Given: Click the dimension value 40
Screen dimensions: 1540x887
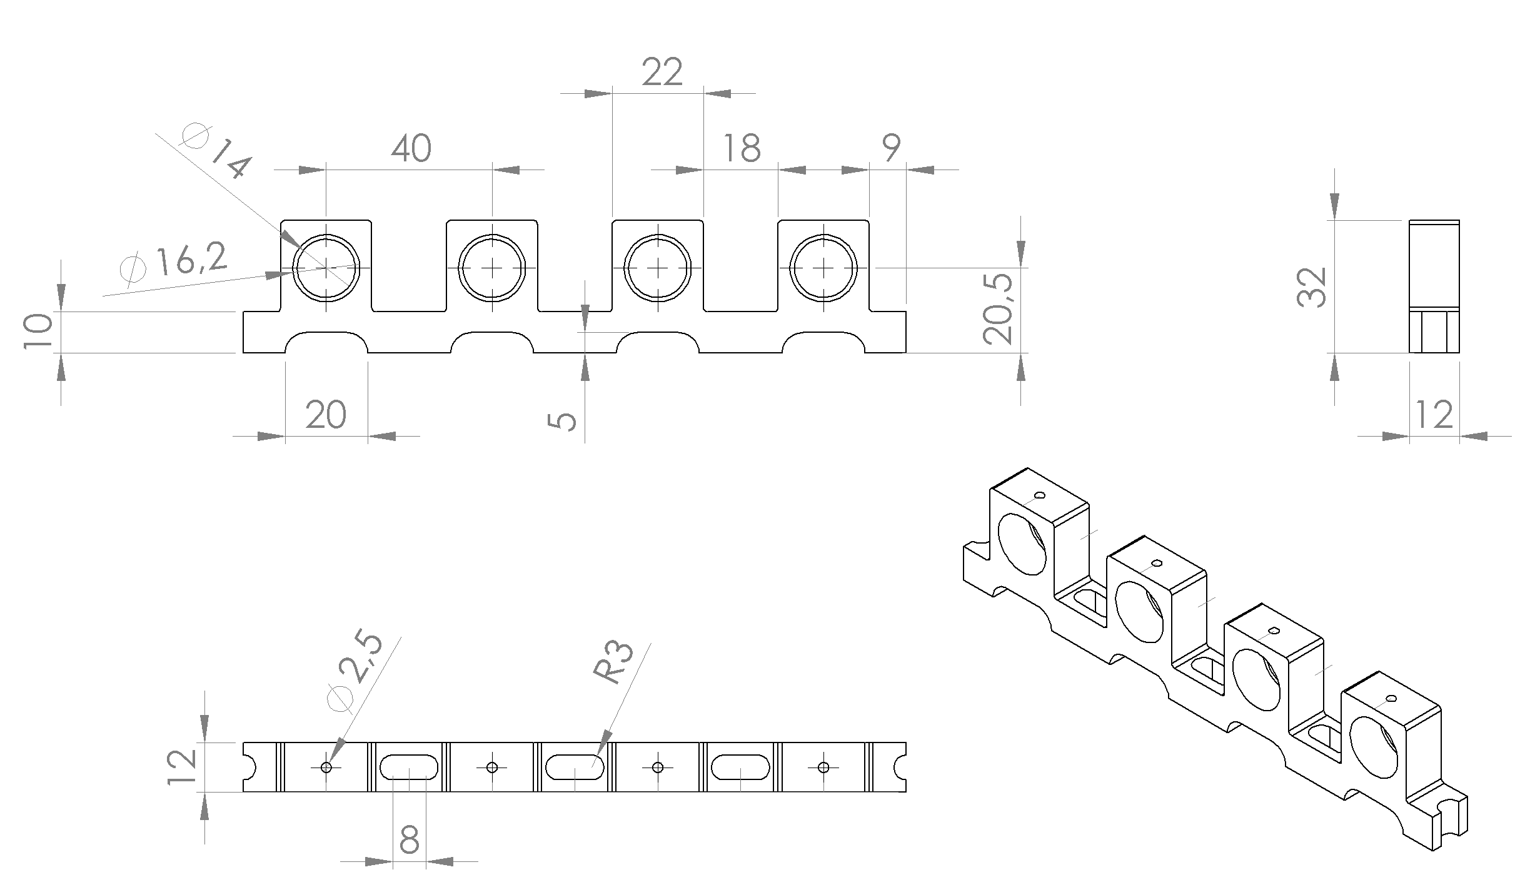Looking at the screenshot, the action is click(411, 149).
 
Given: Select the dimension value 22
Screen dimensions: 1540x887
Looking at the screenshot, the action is click(662, 73).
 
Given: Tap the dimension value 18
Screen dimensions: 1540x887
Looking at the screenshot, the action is click(742, 149).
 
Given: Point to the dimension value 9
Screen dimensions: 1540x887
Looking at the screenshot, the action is click(891, 148).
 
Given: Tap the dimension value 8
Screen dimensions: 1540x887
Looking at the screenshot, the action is click(409, 840).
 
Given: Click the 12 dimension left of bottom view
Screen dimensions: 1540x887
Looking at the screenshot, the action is click(183, 767).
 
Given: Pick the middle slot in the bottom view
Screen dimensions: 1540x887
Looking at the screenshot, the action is click(575, 755).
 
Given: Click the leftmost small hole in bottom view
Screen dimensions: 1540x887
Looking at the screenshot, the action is click(326, 767).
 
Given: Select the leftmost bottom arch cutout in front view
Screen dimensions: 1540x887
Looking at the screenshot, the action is click(326, 332).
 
